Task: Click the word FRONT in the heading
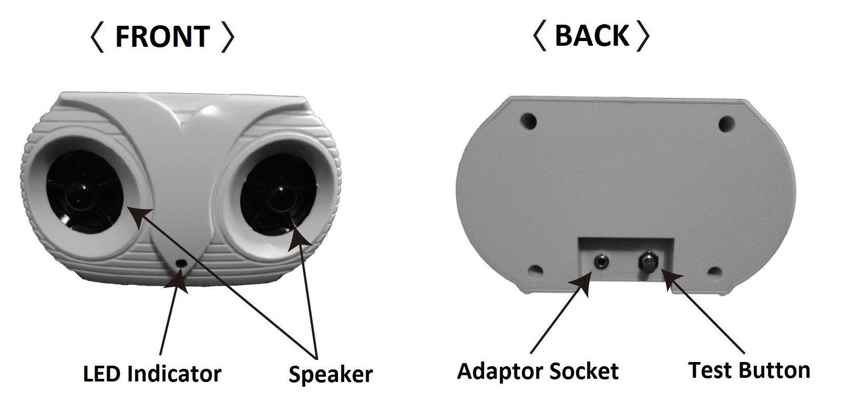[162, 36]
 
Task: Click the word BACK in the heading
[591, 36]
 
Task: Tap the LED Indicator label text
[152, 373]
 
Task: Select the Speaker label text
[331, 374]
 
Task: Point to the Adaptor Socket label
[538, 371]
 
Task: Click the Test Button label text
[750, 370]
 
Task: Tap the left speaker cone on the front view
[84, 197]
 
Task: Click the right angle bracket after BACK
[643, 36]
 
